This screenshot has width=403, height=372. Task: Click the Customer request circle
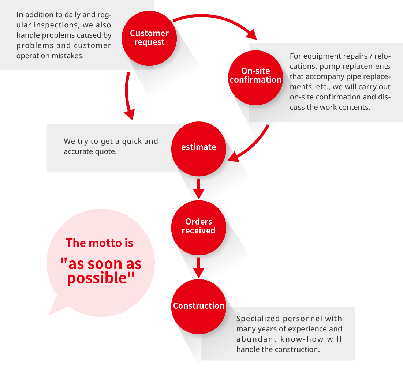pyautogui.click(x=149, y=38)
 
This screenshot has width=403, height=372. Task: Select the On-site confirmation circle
pyautogui.click(x=255, y=78)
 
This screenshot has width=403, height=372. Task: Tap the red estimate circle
pyautogui.click(x=199, y=149)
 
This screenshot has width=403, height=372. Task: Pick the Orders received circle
pyautogui.click(x=199, y=228)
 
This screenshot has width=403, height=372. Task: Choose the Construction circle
pyautogui.click(x=199, y=307)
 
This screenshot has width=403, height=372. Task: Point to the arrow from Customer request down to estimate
pyautogui.click(x=127, y=95)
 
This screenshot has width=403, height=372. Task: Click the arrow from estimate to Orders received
pyautogui.click(x=199, y=189)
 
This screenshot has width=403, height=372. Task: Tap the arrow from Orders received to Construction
pyautogui.click(x=199, y=268)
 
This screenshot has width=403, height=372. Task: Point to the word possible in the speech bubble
pyautogui.click(x=97, y=278)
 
